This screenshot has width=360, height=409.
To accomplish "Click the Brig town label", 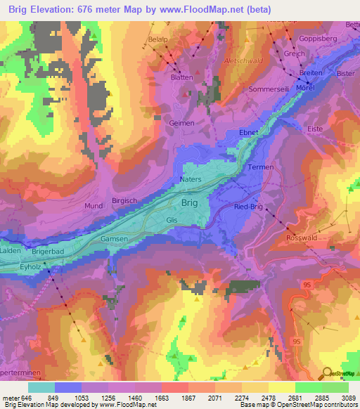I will tap(190, 203).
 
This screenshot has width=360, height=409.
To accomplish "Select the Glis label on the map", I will tap(172, 220).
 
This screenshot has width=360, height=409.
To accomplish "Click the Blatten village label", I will tap(180, 78).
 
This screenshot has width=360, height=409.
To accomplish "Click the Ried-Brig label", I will tap(249, 207).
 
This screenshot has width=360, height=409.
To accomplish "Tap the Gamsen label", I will tap(115, 239).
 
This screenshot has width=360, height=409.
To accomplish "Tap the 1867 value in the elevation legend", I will tap(174, 398).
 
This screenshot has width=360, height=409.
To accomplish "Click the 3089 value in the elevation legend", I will tap(348, 398).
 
